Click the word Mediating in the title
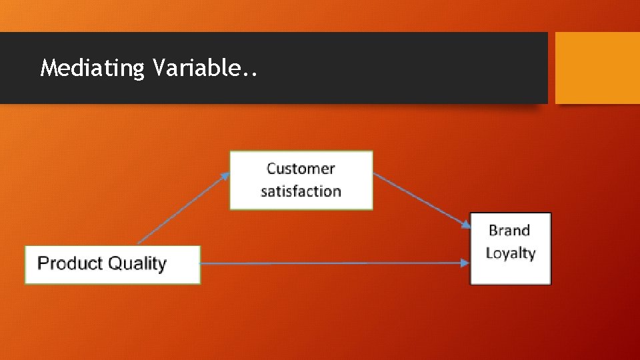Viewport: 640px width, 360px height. (92, 68)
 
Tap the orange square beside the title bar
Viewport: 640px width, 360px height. (597, 68)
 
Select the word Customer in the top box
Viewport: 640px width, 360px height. (301, 169)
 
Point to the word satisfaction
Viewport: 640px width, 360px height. (301, 191)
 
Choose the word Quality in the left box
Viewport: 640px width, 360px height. (137, 264)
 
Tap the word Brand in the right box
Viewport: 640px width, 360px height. (509, 231)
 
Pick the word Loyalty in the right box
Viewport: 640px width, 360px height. (511, 253)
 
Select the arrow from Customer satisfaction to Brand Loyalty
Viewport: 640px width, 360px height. (420, 199)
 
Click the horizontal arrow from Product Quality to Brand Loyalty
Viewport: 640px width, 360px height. (333, 263)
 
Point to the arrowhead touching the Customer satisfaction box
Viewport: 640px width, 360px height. (225, 175)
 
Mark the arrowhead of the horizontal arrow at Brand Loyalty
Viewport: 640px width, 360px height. (465, 263)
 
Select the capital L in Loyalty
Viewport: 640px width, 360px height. (489, 253)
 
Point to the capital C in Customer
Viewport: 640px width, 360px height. (272, 169)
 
